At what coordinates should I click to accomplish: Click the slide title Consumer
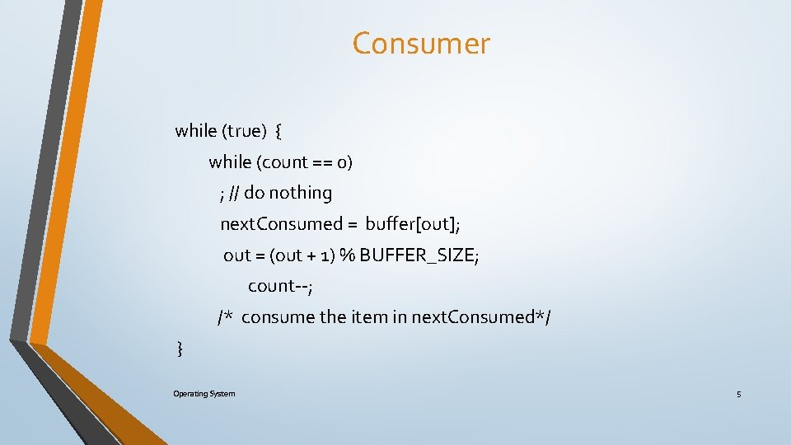click(x=421, y=44)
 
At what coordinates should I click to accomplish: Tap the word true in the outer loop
click(x=245, y=131)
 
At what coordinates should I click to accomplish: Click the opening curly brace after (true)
click(x=278, y=131)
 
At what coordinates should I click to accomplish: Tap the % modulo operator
click(x=347, y=255)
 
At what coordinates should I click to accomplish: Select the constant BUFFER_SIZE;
click(x=419, y=255)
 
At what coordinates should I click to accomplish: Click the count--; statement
click(x=280, y=287)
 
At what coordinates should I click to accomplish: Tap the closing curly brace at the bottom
click(x=180, y=349)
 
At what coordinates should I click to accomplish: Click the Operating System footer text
click(x=204, y=394)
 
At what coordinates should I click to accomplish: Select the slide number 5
click(x=738, y=395)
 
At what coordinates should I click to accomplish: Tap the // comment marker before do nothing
click(x=235, y=194)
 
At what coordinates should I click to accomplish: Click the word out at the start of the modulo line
click(x=236, y=255)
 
